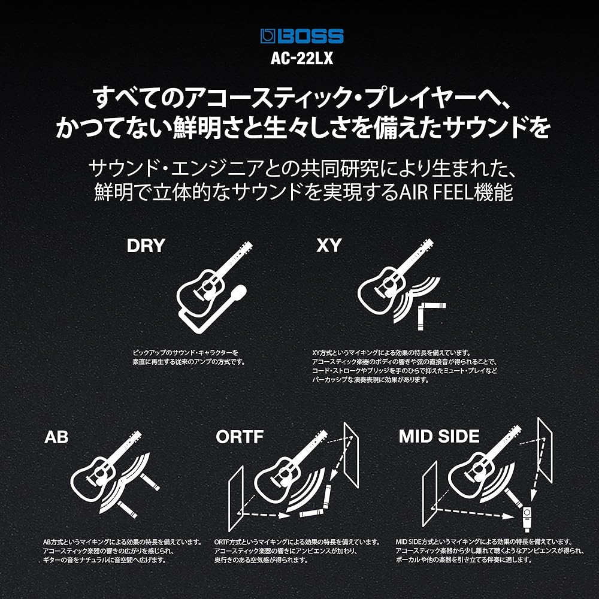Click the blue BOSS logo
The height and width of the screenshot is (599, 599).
tap(302, 37)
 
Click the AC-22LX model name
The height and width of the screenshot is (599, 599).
tap(302, 58)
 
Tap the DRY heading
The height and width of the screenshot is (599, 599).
tap(146, 246)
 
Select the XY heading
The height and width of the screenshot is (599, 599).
tap(329, 246)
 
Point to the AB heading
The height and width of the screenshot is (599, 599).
tap(56, 437)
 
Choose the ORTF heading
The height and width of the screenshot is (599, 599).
tap(240, 437)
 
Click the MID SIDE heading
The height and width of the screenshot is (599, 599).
tap(439, 436)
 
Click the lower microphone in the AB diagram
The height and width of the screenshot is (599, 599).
tap(127, 510)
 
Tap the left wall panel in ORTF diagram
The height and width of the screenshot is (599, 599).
tap(235, 498)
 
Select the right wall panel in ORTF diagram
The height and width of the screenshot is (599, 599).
tap(351, 455)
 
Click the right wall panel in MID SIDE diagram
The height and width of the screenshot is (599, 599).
tap(545, 450)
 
